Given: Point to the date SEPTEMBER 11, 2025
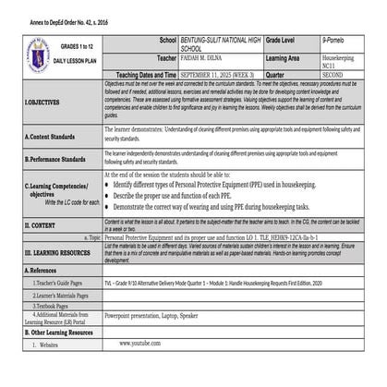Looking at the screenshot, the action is (x=210, y=76).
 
